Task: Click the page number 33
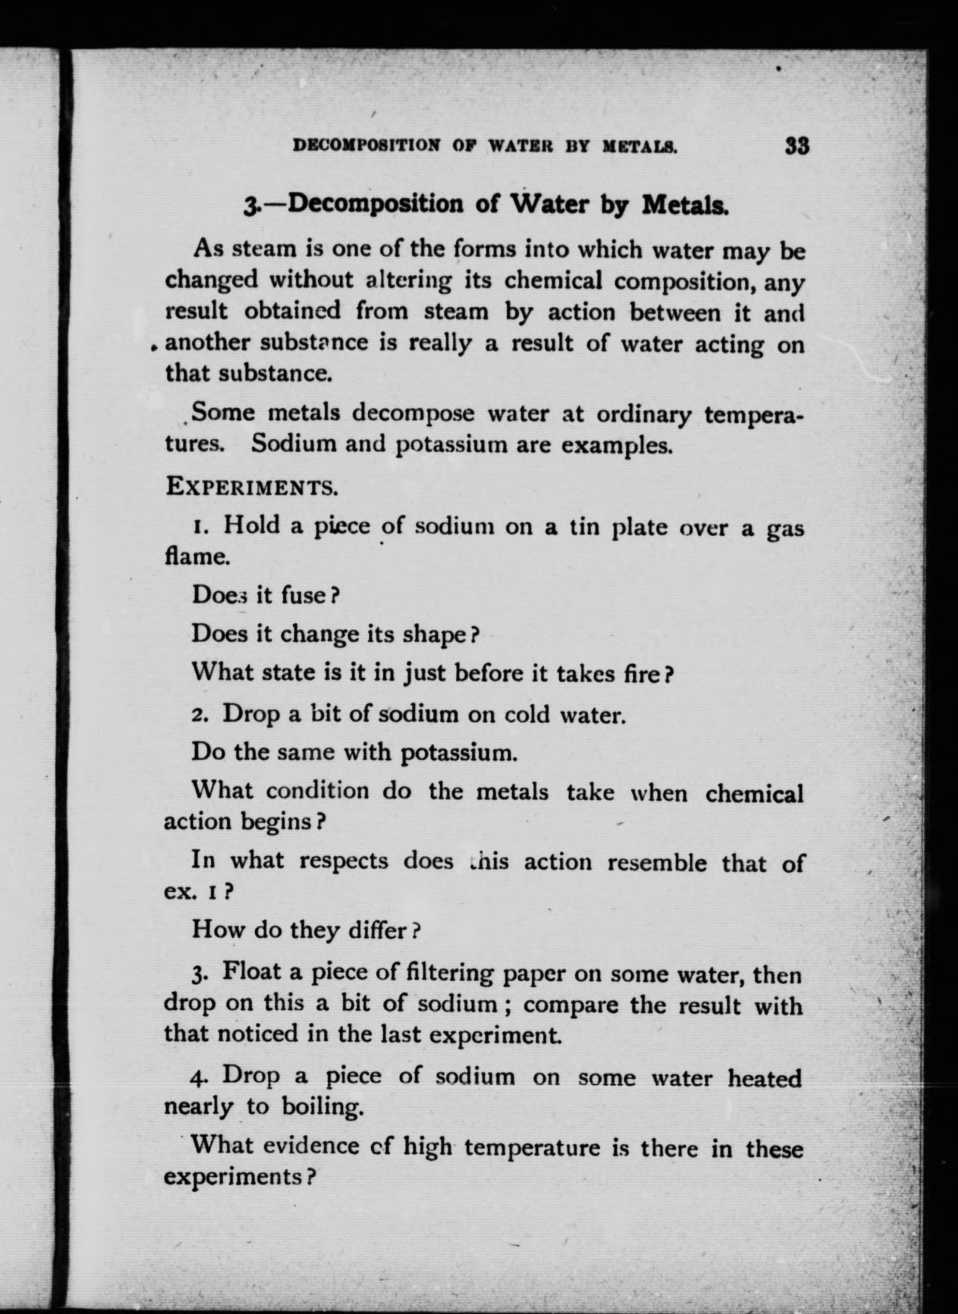pyautogui.click(x=798, y=145)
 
